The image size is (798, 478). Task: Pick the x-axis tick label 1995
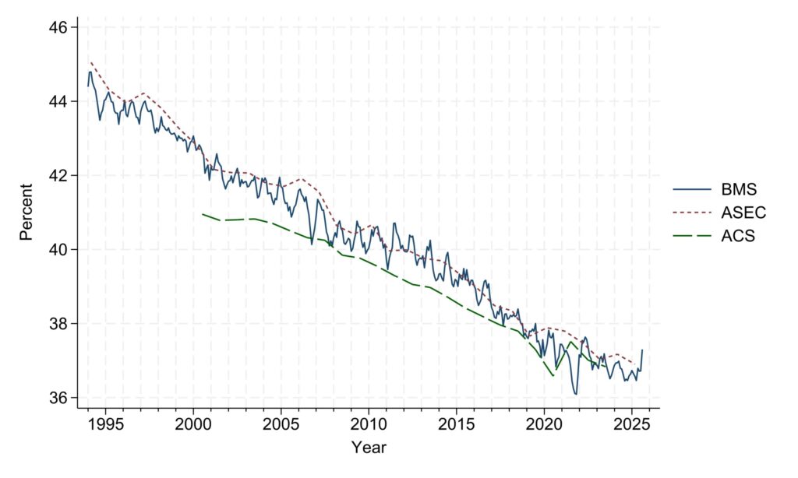tap(105, 424)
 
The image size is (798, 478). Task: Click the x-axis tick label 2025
tap(632, 424)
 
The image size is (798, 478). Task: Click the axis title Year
tap(369, 448)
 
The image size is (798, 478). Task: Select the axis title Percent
tap(26, 212)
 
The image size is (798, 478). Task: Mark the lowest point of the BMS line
tap(576, 394)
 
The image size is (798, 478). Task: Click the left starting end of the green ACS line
tap(202, 213)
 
